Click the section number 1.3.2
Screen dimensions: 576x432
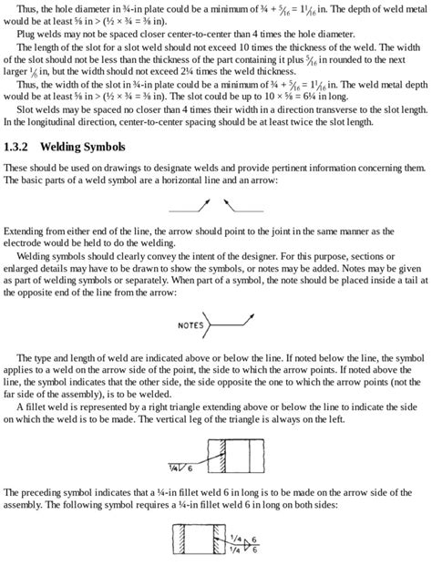[17, 147]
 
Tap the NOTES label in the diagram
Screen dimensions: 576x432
[190, 324]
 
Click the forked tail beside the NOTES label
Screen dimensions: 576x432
[210, 324]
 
